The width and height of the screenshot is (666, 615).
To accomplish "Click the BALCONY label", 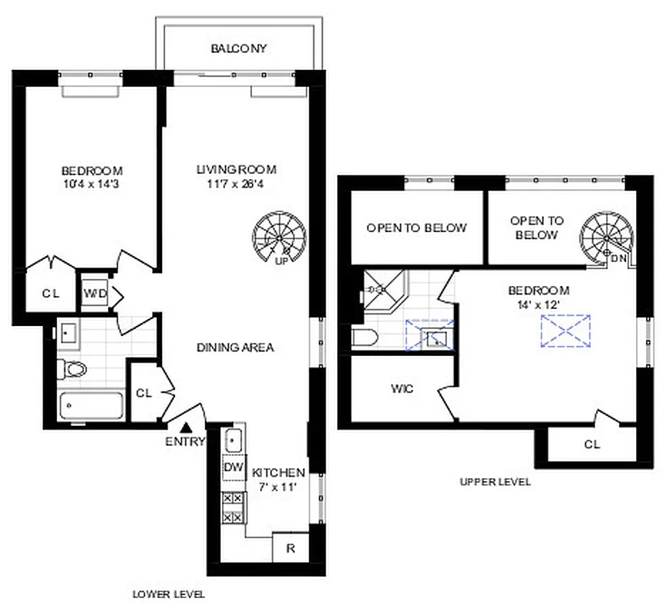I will (238, 48).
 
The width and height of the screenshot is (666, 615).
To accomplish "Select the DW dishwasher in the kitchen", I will (234, 467).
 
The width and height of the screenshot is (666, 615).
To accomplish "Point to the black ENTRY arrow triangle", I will (185, 427).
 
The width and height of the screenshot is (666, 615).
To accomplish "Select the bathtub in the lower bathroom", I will (88, 406).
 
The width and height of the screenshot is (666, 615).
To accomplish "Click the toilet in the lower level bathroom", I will (74, 370).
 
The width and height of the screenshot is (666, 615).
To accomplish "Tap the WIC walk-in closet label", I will (402, 389).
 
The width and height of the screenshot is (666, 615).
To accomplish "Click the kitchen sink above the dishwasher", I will (234, 440).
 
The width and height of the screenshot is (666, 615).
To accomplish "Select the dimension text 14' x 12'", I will (538, 304).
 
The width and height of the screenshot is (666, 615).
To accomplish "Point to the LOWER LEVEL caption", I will (168, 594).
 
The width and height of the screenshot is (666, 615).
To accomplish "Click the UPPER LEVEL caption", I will (495, 482).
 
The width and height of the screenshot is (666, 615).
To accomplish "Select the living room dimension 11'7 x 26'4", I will (235, 184).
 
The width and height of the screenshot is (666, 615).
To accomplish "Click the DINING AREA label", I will (235, 347).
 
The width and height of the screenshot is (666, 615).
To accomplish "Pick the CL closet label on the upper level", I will (591, 444).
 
